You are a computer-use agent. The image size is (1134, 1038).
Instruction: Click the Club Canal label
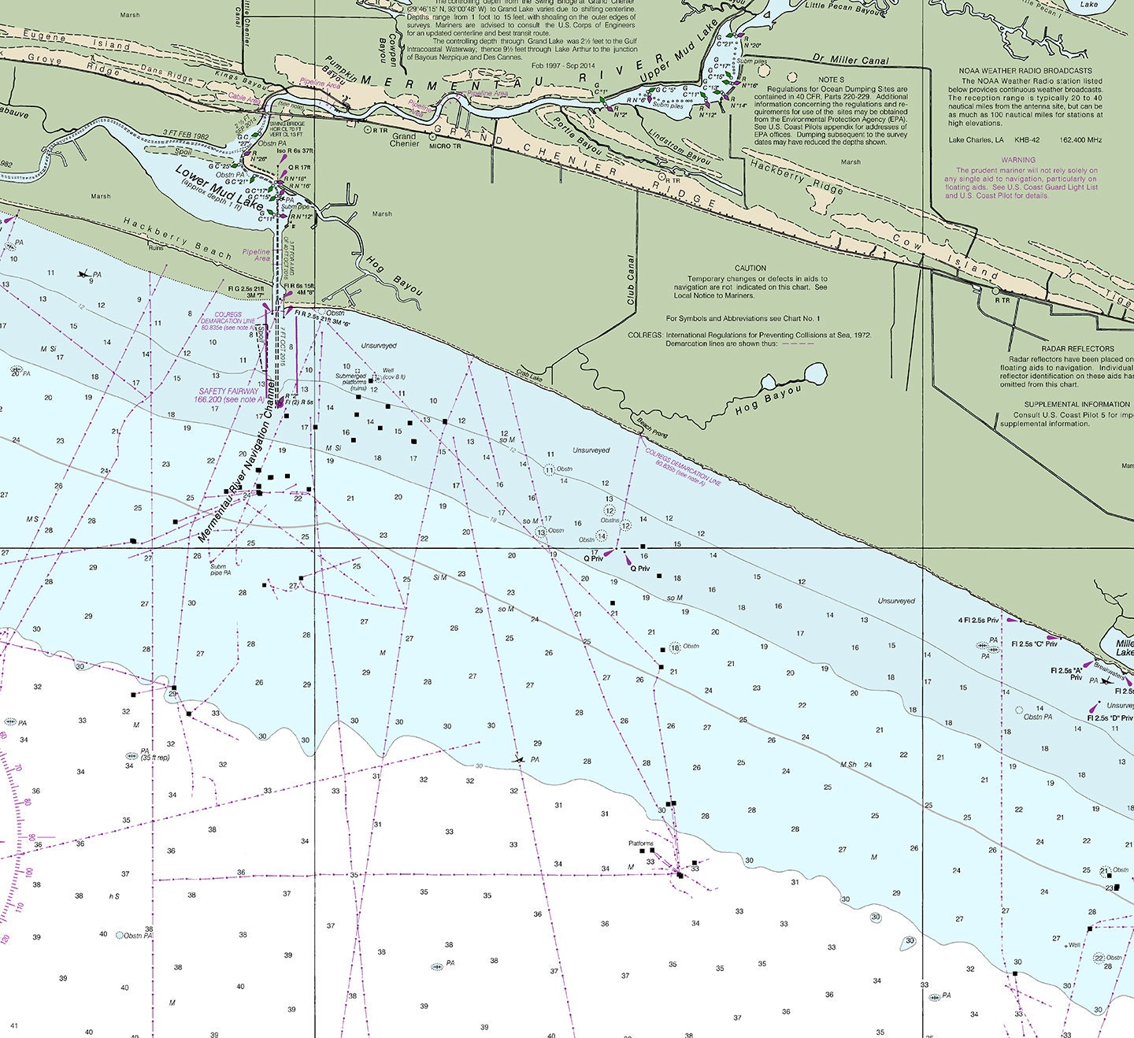631,280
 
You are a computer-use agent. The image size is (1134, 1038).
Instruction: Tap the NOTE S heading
831,80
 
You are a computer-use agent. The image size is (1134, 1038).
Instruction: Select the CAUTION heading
750,268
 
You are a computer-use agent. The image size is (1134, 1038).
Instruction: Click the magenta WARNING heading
1018,160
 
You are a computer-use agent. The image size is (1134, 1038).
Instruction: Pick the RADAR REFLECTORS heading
1077,348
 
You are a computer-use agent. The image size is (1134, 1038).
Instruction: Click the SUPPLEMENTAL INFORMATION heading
1077,405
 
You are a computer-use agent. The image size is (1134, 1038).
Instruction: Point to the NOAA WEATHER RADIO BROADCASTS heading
1025,71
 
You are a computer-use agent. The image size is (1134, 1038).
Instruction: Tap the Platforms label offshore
641,843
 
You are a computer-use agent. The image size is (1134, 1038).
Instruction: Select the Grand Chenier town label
405,140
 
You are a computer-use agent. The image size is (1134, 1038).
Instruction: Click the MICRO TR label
446,146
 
